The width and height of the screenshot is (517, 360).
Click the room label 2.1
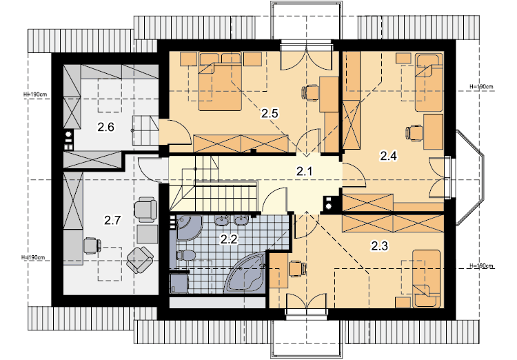pos(304,172)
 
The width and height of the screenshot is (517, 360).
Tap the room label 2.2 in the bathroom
pos(229,239)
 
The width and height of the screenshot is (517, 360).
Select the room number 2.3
pos(380,246)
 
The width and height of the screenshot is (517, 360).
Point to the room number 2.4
pos(388,155)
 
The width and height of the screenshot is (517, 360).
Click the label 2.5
pos(270,114)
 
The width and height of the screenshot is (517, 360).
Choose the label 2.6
pos(105,127)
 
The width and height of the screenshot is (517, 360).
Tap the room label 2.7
pos(112,220)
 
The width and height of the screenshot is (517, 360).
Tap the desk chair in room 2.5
pos(310,92)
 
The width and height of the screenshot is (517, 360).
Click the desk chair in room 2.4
pos(414,133)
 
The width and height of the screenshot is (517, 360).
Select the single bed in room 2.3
pos(426,279)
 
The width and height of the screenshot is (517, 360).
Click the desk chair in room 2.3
pos(297,268)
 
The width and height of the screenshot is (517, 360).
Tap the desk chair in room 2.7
pos(92,246)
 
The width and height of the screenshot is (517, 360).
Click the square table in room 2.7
pos(148,234)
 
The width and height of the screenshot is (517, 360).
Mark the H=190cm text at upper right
pos(481,86)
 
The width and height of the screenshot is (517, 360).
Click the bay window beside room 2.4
pos(470,177)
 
